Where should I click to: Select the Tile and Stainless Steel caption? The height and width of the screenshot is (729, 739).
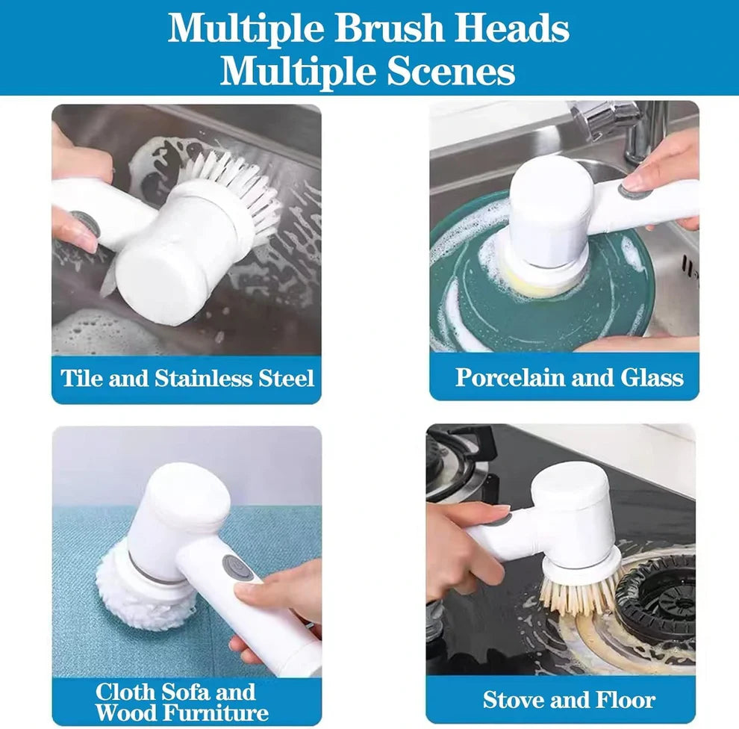click(187, 378)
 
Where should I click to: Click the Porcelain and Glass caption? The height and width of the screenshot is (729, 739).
click(569, 377)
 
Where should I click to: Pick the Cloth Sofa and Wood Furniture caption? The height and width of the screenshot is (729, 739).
click(181, 701)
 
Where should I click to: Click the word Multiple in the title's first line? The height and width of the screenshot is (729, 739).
click(246, 28)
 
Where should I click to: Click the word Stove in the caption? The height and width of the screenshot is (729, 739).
click(519, 700)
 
